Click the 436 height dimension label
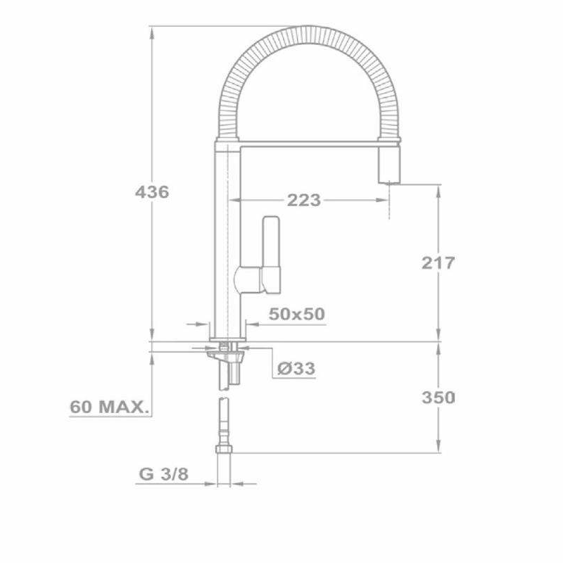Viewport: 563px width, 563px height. coord(152,191)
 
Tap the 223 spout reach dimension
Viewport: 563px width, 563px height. coord(303,201)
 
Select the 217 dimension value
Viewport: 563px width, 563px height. coord(438,263)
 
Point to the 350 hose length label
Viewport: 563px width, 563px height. coord(438,397)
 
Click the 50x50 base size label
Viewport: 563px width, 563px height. coord(298,314)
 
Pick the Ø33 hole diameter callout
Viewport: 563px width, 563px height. coord(296,368)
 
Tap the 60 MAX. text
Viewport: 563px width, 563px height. coord(108,406)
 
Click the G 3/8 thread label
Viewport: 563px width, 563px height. coord(163,474)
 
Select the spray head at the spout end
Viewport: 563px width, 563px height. coord(391,166)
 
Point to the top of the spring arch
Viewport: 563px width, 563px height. coord(304,35)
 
